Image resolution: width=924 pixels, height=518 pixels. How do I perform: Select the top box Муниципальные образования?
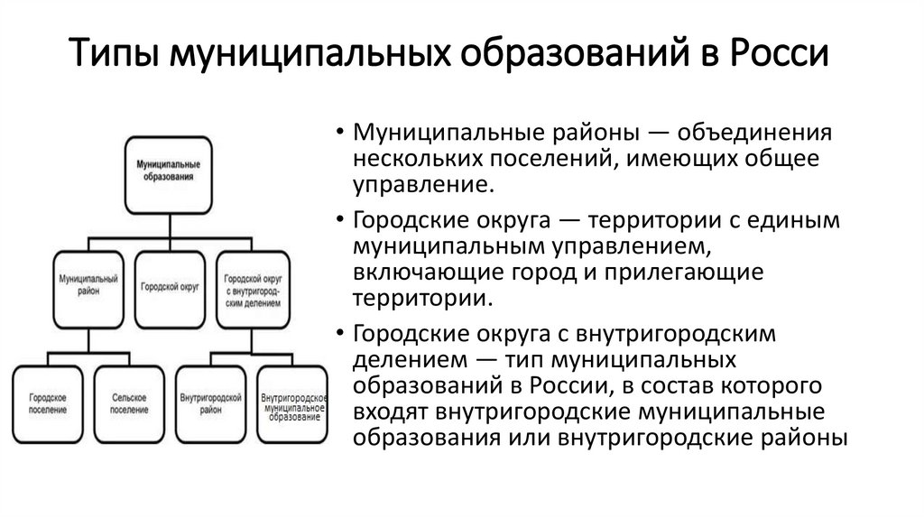(167, 171)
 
